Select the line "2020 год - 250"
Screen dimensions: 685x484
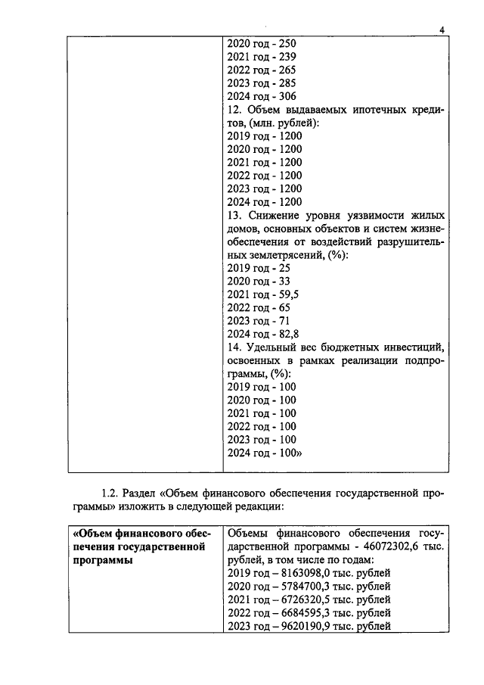[x=262, y=43]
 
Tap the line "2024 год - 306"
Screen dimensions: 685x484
[x=262, y=96]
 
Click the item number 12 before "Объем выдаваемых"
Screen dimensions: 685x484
[x=234, y=110]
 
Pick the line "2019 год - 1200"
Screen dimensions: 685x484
[x=264, y=136]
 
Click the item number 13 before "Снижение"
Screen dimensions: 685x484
[x=234, y=215]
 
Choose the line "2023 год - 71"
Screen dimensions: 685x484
[x=259, y=321]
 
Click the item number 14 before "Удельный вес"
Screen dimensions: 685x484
[x=234, y=347]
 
